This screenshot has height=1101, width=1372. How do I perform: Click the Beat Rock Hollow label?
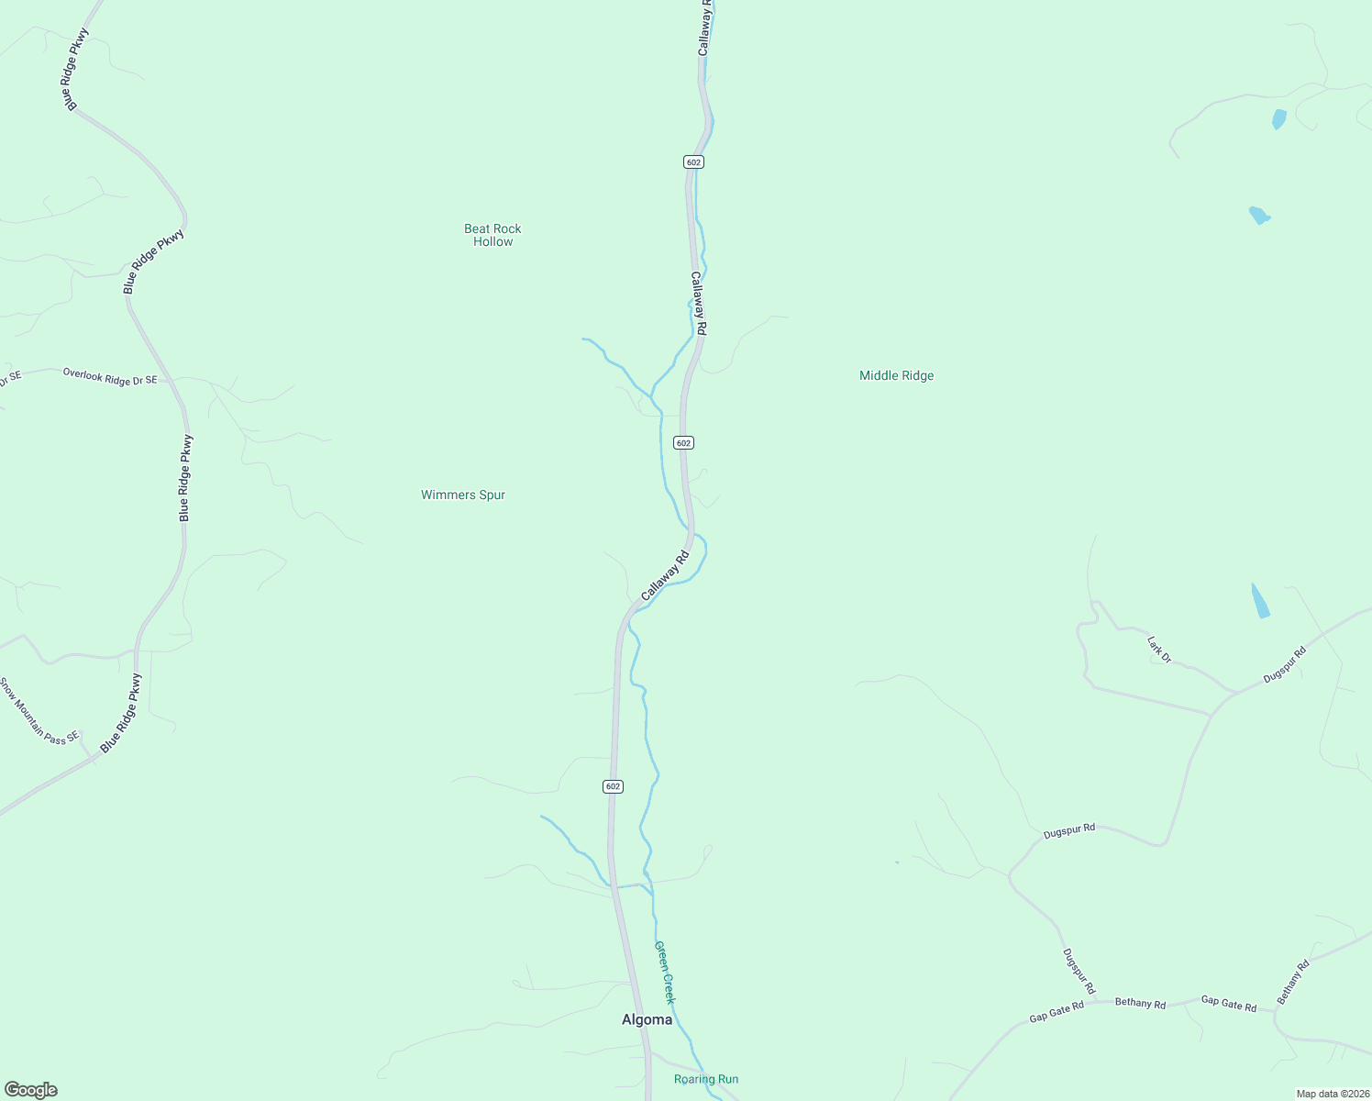492,235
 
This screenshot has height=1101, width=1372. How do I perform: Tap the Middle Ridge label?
896,375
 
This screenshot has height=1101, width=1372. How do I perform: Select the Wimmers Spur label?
463,495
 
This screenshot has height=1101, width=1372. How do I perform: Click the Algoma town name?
647,1019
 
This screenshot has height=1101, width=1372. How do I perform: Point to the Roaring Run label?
705,1079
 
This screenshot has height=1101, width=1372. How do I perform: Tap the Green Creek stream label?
664,972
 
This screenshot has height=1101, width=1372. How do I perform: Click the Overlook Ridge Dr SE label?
110,376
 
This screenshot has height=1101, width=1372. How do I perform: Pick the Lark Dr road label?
1159,649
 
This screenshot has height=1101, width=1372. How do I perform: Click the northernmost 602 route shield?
693,161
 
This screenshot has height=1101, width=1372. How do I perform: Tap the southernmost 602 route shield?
614,786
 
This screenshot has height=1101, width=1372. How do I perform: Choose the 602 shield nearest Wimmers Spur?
683,442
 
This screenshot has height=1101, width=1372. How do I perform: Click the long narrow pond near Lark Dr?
1261,600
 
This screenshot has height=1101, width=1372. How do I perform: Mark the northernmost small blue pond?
1278,119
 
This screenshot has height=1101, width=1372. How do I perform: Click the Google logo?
30,1090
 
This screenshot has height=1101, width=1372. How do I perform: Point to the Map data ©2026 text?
1332,1094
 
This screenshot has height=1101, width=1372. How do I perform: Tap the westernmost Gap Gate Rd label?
1057,1012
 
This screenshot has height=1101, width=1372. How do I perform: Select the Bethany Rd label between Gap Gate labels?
1140,1003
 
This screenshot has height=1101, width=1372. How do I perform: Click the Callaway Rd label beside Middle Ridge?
699,303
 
